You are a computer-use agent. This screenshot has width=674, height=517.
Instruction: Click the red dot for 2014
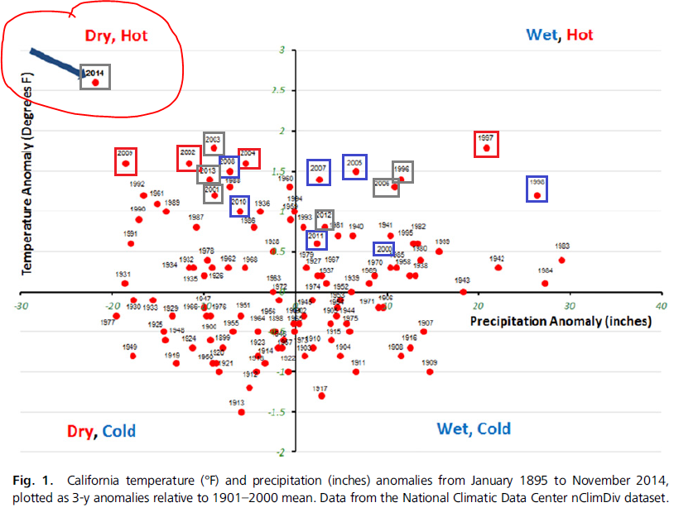click(x=95, y=83)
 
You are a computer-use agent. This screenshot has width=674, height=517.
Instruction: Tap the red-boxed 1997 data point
click(x=487, y=149)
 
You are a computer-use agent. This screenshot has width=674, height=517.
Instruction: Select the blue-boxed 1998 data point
click(x=537, y=195)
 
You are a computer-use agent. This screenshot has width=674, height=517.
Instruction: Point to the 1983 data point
click(x=561, y=260)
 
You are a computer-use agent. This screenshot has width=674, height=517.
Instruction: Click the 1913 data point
click(x=241, y=412)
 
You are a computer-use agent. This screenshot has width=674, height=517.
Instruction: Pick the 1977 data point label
click(x=107, y=323)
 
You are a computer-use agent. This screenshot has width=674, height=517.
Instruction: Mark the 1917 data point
click(x=321, y=396)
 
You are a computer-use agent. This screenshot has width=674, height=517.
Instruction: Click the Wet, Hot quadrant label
click(x=560, y=36)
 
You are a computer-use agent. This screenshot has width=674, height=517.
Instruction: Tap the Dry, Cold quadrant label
click(x=101, y=431)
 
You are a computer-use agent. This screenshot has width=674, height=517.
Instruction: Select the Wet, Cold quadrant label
click(x=474, y=428)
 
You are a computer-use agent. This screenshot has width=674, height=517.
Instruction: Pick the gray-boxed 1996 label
click(x=402, y=168)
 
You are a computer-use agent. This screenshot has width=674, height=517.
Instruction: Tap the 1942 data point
click(x=498, y=267)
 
